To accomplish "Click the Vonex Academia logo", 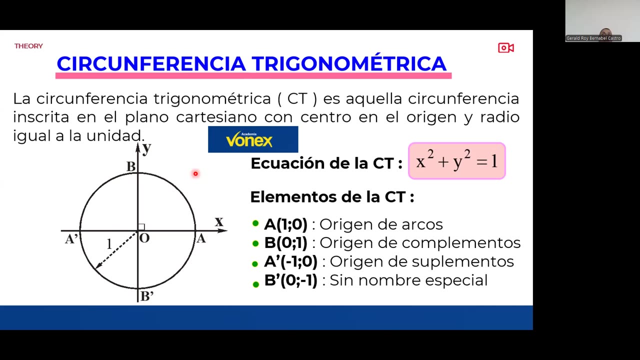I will click(252, 139).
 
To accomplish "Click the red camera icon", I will click(505, 48).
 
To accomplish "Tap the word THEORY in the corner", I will click(28, 46).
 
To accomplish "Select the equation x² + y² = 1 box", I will click(456, 161).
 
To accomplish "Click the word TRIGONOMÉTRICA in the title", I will click(348, 64).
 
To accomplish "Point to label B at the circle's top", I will click(130, 166).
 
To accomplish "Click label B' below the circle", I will click(146, 296).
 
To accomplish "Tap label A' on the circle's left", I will click(71, 239).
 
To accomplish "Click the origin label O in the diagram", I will click(144, 238).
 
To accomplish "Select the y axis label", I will click(146, 148).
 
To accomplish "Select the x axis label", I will click(218, 221).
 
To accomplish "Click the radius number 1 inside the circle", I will click(109, 244).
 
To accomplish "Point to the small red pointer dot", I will click(195, 173).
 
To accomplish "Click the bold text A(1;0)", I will click(285, 224).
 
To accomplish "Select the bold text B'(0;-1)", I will click(290, 280).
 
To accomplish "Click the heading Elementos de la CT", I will click(332, 197).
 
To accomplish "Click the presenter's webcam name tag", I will click(593, 38).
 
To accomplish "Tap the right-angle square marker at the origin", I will click(141, 227).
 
